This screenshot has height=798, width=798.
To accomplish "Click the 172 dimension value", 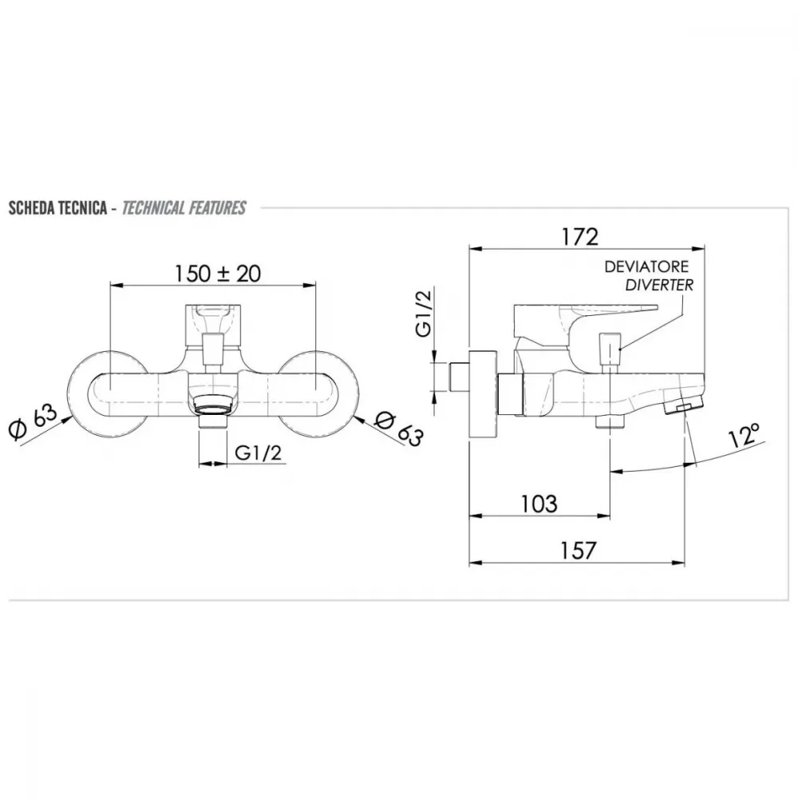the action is tap(579, 237).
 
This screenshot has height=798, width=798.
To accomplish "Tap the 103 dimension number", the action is tap(539, 504).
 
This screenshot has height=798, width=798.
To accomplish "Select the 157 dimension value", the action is tap(578, 551).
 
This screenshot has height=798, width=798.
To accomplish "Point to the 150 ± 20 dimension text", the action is tap(218, 273).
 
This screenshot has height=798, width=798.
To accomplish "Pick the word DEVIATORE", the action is tap(646, 267).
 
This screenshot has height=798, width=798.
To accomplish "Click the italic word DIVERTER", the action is tap(659, 285).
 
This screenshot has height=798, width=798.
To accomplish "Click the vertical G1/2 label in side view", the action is tap(424, 313).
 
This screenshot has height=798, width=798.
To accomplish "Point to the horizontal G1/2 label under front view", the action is tap(258, 452).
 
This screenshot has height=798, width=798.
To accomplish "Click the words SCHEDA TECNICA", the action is tap(57, 207).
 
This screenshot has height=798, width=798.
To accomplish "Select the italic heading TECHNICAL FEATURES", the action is tap(184, 207).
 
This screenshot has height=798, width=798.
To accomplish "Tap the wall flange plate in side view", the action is tap(483, 393).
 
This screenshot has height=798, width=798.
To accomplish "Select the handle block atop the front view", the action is tap(214, 326).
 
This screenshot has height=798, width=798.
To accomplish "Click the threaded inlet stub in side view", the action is tap(460, 377).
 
